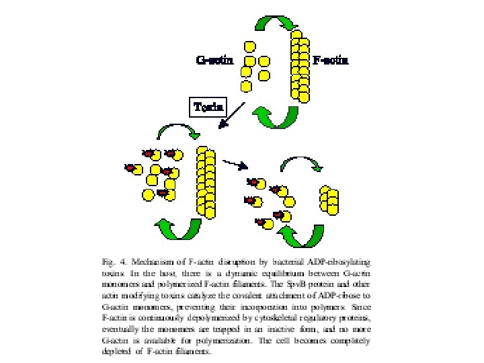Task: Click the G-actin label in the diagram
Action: (214, 61)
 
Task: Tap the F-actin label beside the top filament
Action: (331, 61)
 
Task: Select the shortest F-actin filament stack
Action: (329, 198)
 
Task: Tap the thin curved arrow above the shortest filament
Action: (302, 165)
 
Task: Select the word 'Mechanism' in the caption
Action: (147, 259)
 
